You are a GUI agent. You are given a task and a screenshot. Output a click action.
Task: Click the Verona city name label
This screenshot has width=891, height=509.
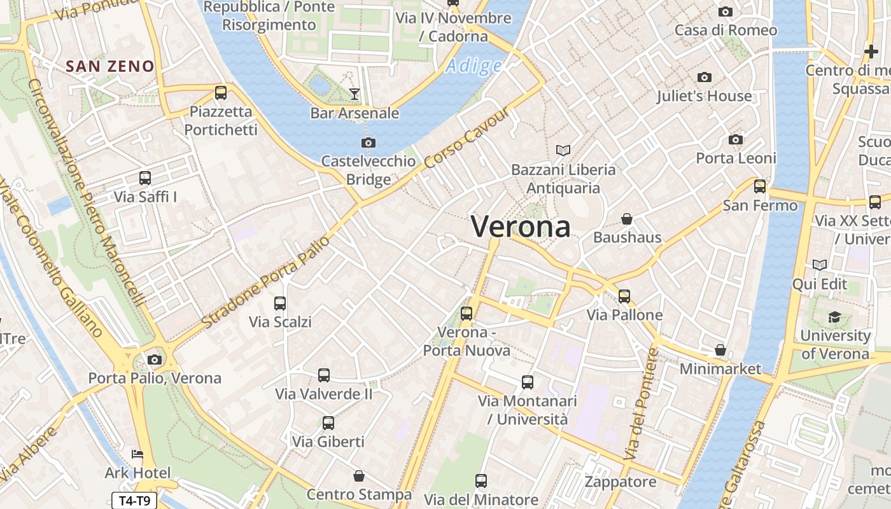pos(521,227)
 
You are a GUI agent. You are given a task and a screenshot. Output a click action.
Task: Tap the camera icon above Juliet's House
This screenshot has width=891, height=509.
pos(704,78)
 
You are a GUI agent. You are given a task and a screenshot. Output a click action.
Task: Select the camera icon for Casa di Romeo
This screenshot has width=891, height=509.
pos(725,11)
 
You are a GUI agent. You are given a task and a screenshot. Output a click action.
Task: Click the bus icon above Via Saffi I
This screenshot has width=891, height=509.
pos(145,178)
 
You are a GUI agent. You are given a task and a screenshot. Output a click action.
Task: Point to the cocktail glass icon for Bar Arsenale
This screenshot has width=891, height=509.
pos(354,95)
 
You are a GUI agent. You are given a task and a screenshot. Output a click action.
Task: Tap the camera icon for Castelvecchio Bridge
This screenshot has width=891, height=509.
pos(368,143)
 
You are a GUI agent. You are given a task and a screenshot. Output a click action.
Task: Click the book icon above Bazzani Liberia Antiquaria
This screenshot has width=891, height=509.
pos(563,150)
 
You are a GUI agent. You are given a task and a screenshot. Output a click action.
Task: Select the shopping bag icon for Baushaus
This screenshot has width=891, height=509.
pos(627,219)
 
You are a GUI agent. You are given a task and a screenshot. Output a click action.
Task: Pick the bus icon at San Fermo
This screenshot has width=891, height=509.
pos(759,186)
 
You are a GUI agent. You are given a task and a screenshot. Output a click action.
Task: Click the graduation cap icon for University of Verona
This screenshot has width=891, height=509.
pos(834,317)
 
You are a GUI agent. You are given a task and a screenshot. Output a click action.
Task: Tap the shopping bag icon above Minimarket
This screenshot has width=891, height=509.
pos(720,350)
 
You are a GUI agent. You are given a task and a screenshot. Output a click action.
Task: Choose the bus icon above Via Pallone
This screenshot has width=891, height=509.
pos(624,296)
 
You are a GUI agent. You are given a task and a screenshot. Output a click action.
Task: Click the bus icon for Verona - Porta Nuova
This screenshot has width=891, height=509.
pos(467,314)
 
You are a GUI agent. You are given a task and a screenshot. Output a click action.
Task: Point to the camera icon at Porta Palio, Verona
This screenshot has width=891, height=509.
pos(154,359)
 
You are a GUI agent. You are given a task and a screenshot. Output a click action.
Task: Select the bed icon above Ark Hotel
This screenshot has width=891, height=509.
pos(137,454)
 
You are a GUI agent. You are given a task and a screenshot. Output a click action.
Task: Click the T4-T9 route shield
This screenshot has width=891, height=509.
pos(134,501)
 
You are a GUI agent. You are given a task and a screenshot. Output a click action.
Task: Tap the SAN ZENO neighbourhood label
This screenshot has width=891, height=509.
pos(110,66)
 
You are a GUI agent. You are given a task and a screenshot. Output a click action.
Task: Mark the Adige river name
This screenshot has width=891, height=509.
pos(474,66)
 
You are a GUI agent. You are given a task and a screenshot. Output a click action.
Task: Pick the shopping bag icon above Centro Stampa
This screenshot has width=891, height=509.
pos(359,476)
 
